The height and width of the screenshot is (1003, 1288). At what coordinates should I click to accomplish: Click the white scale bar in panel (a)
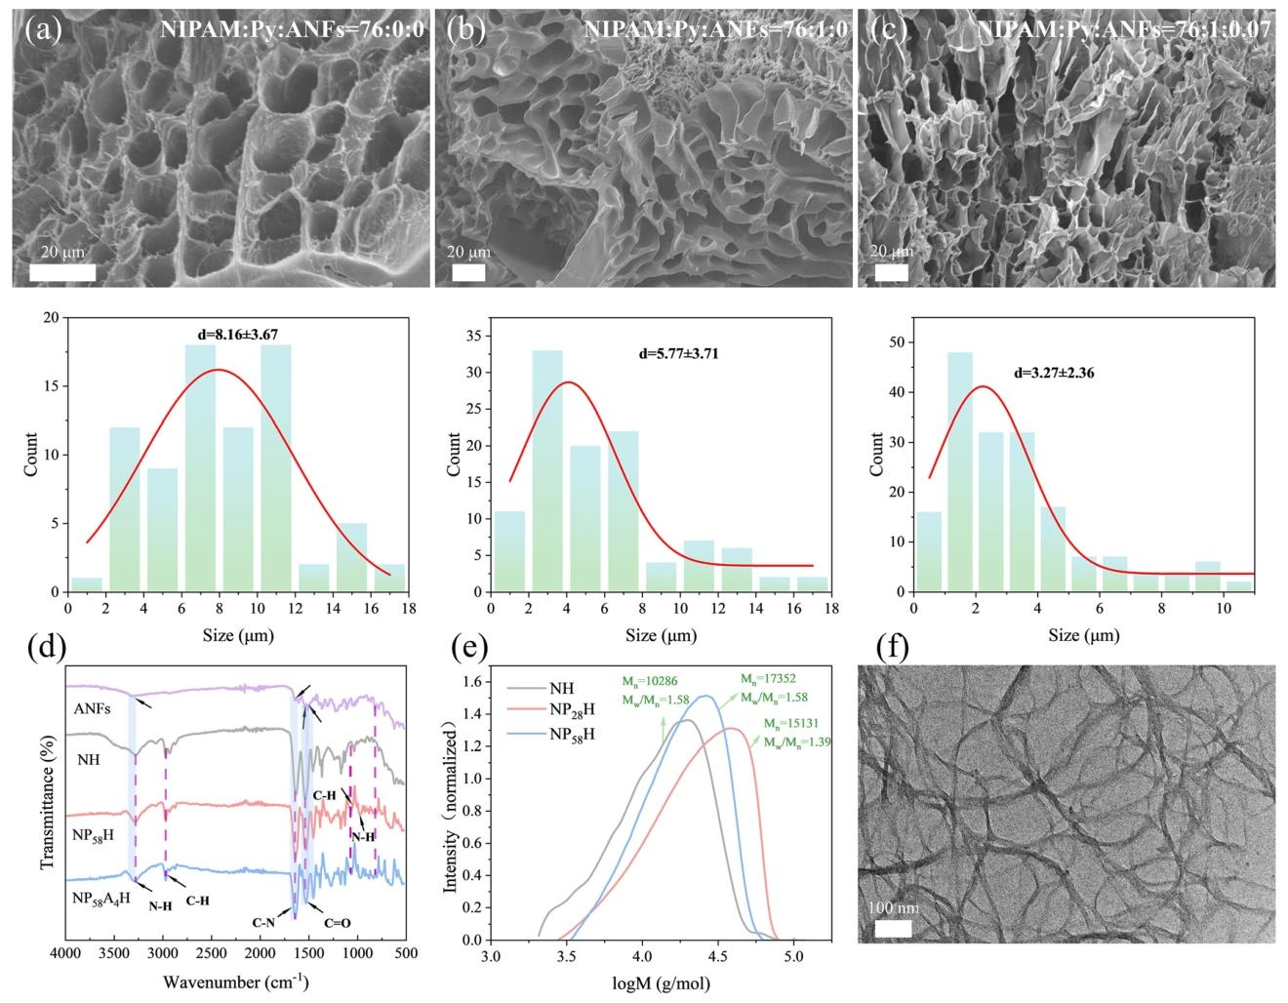coord(62,272)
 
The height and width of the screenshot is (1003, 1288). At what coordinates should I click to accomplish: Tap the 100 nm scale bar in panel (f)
coord(893,927)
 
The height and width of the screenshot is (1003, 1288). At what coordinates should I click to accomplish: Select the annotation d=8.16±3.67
coord(238,335)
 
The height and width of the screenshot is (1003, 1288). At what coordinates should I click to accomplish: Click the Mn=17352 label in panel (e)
coord(772,680)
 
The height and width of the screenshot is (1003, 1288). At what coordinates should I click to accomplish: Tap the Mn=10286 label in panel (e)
coord(655,681)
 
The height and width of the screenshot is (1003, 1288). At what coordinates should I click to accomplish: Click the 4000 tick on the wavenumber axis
coord(65,953)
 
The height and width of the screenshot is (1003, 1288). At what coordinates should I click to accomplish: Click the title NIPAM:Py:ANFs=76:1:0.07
coord(1124,29)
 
